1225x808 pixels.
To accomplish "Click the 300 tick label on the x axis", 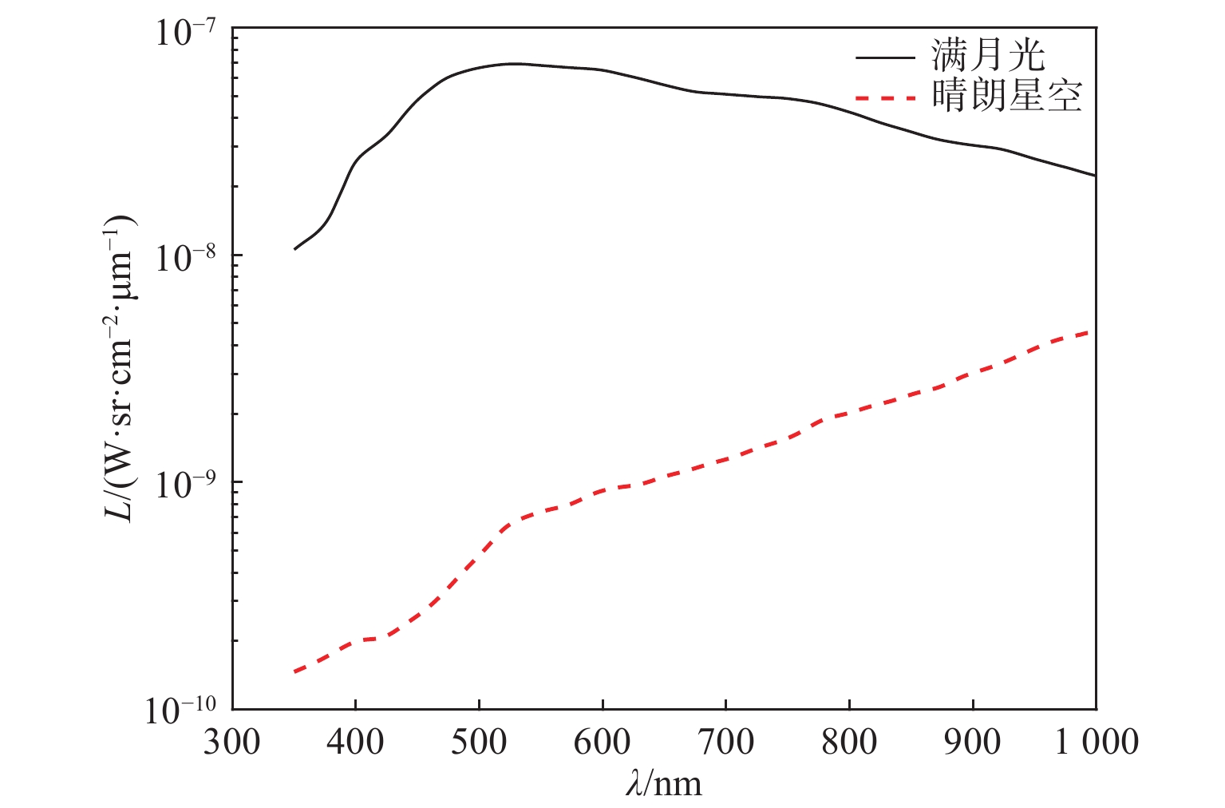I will click(x=231, y=743).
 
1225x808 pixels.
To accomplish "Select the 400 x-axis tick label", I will click(x=355, y=743).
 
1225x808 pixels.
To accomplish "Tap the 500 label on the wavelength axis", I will click(x=479, y=743).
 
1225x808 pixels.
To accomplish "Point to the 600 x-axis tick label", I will click(x=602, y=743).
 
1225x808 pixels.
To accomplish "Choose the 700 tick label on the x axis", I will click(x=725, y=743).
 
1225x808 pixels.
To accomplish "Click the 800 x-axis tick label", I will click(x=849, y=743).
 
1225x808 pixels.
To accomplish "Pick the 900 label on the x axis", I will click(x=973, y=743).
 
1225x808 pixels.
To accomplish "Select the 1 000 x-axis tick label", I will click(x=1097, y=743).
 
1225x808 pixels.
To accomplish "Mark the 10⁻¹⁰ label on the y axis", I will click(x=180, y=711).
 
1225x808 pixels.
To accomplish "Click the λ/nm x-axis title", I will click(x=664, y=784).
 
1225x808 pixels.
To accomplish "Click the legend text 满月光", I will click(x=987, y=57).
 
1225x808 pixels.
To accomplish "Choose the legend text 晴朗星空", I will click(x=1006, y=97).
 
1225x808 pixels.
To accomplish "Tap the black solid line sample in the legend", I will click(x=885, y=57).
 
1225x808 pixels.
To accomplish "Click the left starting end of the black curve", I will click(x=294, y=249).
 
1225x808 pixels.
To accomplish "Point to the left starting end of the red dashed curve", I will click(x=294, y=672).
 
